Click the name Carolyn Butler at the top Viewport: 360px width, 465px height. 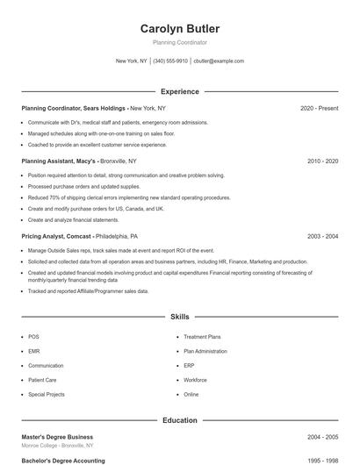(180, 29)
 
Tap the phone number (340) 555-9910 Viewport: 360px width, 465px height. (170, 61)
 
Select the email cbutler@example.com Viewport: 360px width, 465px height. (219, 61)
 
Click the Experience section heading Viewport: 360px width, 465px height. (180, 91)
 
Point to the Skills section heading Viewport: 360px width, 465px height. (180, 316)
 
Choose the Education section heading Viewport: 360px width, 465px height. (180, 420)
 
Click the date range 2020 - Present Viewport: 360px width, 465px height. (319, 108)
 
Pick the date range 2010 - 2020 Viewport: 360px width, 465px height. (322, 161)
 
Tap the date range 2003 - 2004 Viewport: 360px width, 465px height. (322, 236)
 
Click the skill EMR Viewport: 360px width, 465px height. (34, 351)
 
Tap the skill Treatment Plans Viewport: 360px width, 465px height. (202, 337)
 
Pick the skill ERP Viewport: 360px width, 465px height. (190, 366)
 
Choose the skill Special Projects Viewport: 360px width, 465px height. (47, 395)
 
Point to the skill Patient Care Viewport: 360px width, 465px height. (42, 380)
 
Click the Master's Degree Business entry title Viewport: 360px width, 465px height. (57, 437)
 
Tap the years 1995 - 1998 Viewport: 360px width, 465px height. (322, 460)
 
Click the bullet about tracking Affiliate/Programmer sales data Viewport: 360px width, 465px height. (88, 290)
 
